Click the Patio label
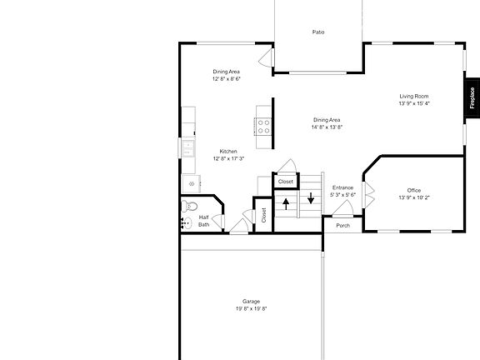318,32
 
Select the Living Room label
413,97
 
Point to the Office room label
414,190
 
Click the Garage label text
251,301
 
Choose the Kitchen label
228,151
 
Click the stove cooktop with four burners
263,127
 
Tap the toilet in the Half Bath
192,207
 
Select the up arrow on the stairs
286,200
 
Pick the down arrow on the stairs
310,198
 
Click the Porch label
342,226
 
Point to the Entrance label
342,187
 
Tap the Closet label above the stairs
286,181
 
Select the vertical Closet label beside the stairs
263,215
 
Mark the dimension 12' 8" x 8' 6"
227,79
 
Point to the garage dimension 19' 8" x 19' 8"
251,308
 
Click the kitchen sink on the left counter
188,147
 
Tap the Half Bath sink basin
186,222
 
